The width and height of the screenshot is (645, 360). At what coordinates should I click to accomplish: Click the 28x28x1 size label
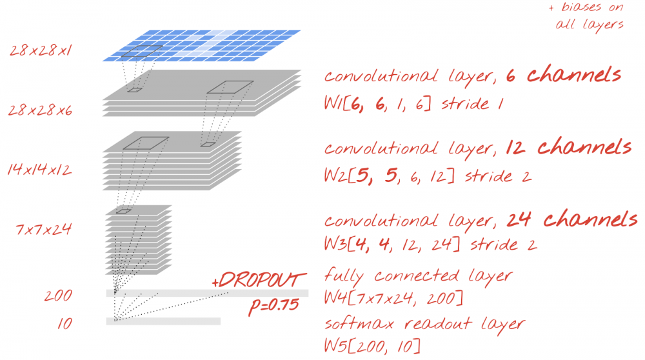pos(40,50)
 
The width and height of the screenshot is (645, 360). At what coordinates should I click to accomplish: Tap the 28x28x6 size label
pos(40,110)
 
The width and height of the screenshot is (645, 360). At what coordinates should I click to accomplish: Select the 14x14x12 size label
pos(39,170)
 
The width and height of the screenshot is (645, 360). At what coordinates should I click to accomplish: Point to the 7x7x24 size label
pos(43,229)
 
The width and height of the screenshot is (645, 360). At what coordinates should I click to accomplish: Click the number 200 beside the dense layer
pos(58,295)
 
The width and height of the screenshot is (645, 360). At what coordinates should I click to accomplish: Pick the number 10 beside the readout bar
pos(64,324)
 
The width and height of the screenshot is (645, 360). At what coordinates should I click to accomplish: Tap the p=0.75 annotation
pos(273,306)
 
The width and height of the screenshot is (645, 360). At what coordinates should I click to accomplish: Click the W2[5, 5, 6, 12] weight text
pos(389,175)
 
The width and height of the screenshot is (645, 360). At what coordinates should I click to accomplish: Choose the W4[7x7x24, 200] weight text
pos(393,297)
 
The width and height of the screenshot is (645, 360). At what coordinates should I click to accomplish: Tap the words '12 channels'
pos(568,147)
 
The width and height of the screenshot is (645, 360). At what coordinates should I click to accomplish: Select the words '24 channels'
pos(571,219)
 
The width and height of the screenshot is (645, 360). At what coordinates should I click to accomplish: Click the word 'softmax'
pos(359,324)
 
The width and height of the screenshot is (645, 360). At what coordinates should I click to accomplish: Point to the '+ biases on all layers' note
pos(588,17)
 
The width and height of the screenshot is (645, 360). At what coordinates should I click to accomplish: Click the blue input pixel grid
pos(201,46)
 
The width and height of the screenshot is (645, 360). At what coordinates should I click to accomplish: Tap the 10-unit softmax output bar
pos(163,321)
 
